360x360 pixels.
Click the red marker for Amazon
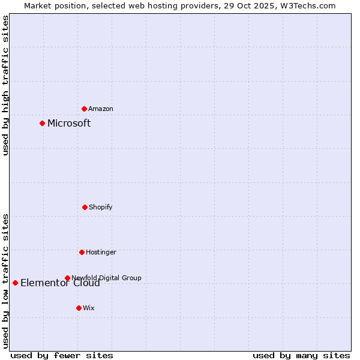84,109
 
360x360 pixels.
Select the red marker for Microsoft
42,123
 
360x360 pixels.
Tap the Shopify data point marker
85,207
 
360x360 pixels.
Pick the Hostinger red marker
82,252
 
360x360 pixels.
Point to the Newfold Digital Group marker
67,278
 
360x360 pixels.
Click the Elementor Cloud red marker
15,283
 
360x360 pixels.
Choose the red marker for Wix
79,308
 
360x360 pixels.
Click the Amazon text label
101,109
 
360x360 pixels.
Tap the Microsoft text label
69,123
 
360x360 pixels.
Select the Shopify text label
101,207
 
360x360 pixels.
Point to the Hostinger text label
101,252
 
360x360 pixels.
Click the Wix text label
89,308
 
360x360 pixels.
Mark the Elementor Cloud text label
60,283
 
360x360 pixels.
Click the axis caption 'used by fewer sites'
62,355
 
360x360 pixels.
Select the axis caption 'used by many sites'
301,355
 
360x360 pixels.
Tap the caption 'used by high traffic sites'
5,85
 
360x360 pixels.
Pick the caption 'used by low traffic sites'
5,281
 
